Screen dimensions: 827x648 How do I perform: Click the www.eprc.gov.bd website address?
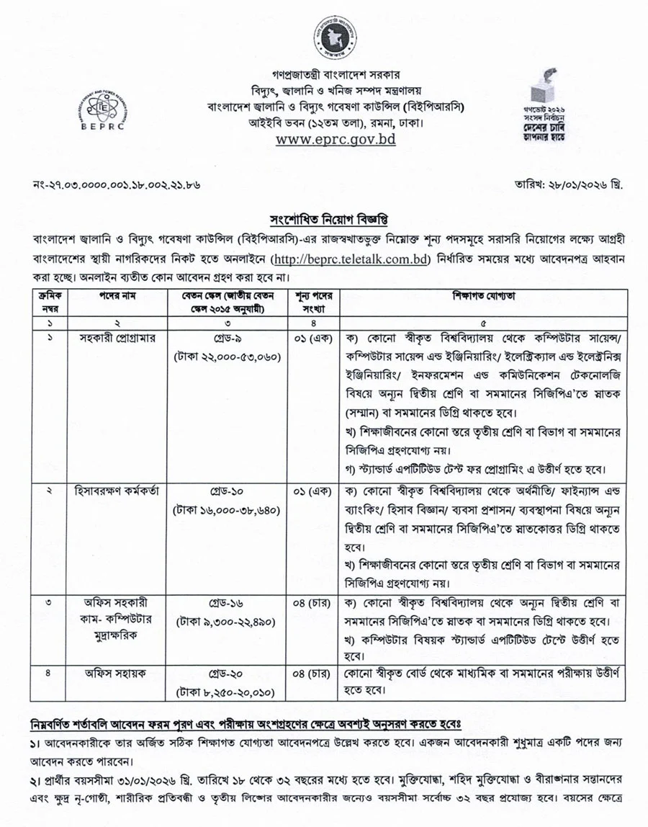(x=336, y=139)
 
